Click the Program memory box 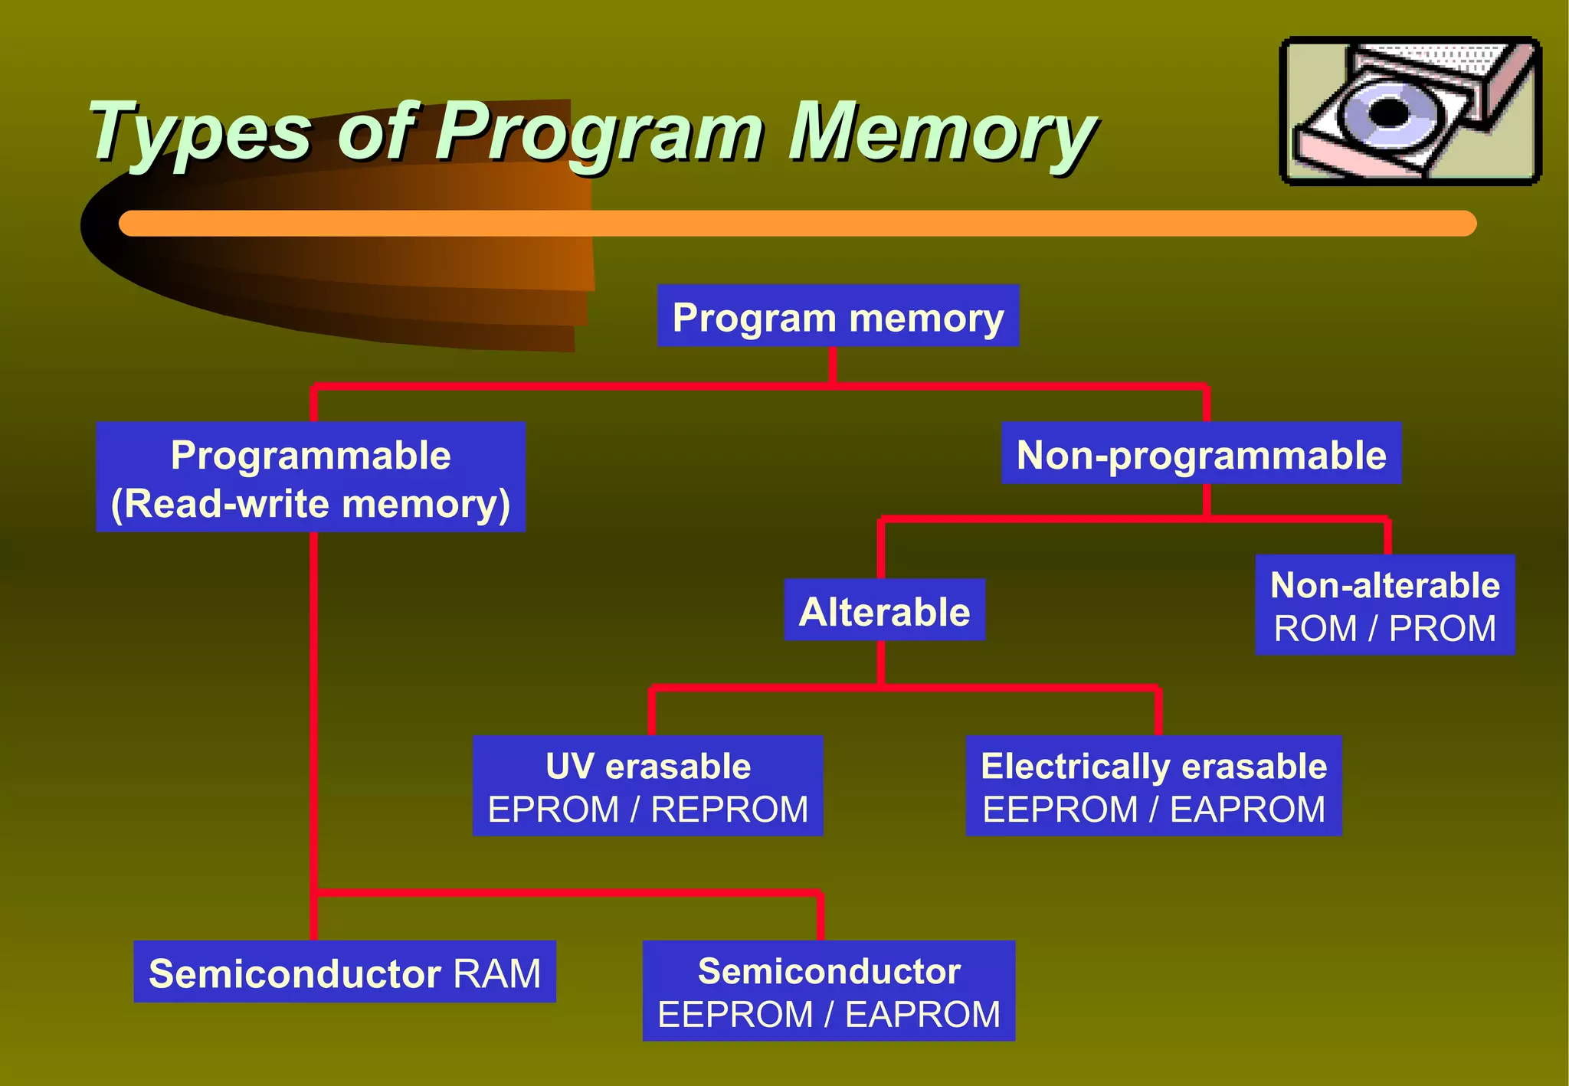(837, 316)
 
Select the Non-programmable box (1200, 454)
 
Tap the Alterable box (884, 610)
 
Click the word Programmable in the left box (310, 455)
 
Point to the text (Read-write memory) (310, 504)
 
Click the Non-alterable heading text (1384, 585)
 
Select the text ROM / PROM (1384, 629)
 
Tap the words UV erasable (647, 766)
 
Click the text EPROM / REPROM (647, 810)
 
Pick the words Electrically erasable (1153, 766)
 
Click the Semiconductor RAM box (344, 972)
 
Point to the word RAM (496, 973)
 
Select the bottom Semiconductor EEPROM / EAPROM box (828, 991)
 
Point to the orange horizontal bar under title (797, 224)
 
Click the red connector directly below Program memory (833, 365)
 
